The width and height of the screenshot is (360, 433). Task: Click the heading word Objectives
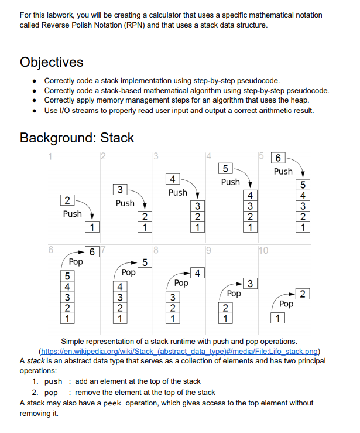52,62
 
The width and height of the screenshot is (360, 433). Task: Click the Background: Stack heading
77,138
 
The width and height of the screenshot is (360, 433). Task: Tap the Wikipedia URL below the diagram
180,351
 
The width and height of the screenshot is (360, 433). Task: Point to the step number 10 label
263,251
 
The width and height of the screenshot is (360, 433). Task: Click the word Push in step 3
177,192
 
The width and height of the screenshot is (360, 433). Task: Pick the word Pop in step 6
76,261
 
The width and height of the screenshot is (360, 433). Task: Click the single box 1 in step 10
278,319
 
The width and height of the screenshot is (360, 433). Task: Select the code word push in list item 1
53,381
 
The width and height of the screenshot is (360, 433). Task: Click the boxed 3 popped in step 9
250,284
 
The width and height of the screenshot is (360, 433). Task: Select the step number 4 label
208,155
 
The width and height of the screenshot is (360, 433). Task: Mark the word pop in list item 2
51,393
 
